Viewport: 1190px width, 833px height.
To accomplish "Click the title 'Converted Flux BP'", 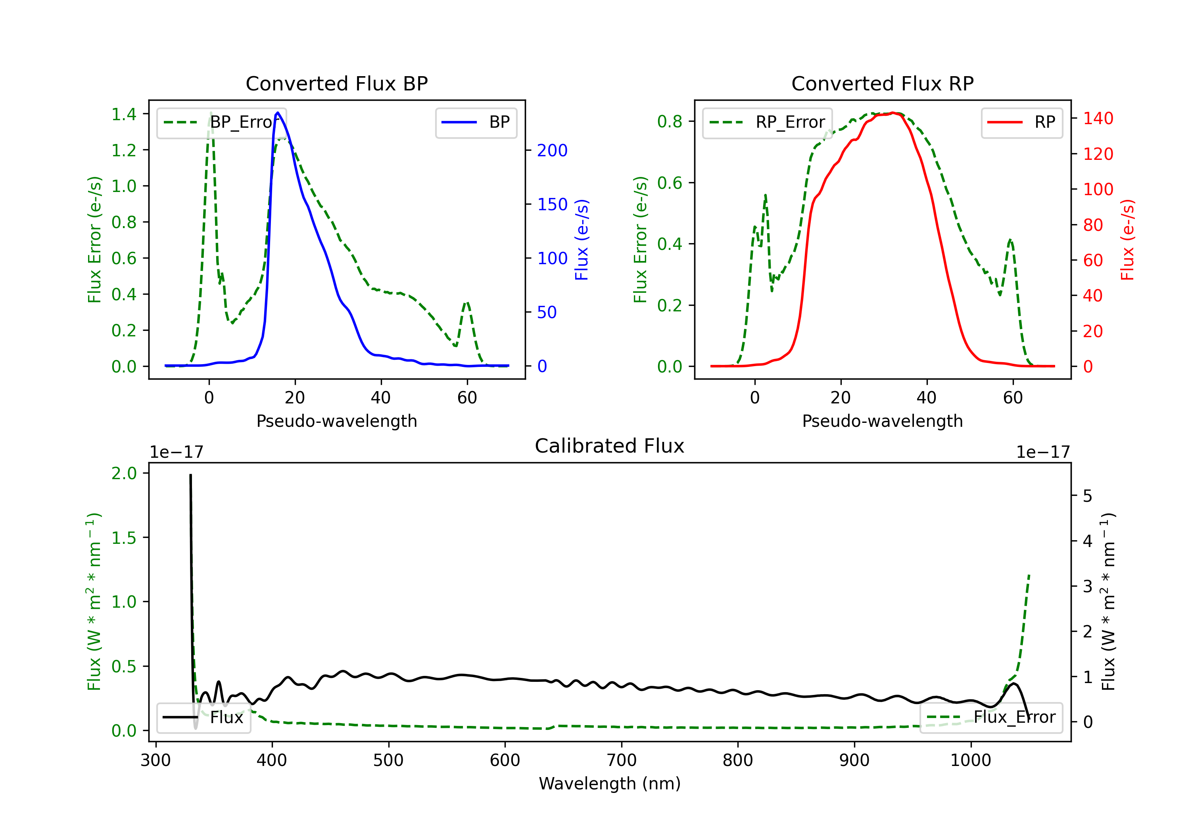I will click(336, 83).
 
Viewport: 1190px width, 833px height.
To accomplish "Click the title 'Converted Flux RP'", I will click(882, 83).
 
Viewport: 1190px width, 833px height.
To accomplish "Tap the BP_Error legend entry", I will click(222, 122).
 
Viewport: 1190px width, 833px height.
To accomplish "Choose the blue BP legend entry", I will click(476, 122).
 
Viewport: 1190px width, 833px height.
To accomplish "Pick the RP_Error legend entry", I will click(767, 122).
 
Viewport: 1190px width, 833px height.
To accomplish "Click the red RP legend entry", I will click(1021, 122).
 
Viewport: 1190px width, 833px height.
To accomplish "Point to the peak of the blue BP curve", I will click(278, 113).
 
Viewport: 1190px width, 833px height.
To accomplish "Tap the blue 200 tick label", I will click(552, 150).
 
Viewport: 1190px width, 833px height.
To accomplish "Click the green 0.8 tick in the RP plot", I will click(670, 121).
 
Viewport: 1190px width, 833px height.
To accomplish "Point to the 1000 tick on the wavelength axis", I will click(970, 760).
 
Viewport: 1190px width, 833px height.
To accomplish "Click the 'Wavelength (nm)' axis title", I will click(610, 783).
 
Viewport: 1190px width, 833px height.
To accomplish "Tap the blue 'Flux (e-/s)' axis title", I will click(582, 240).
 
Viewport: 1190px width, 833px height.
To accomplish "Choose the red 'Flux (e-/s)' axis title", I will click(1127, 240).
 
